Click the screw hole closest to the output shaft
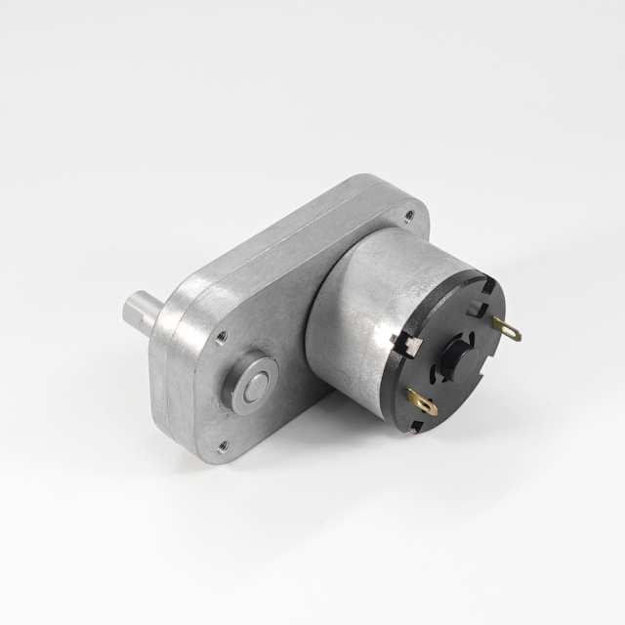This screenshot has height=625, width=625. coord(222,338)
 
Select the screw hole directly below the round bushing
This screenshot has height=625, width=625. coord(223,446)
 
